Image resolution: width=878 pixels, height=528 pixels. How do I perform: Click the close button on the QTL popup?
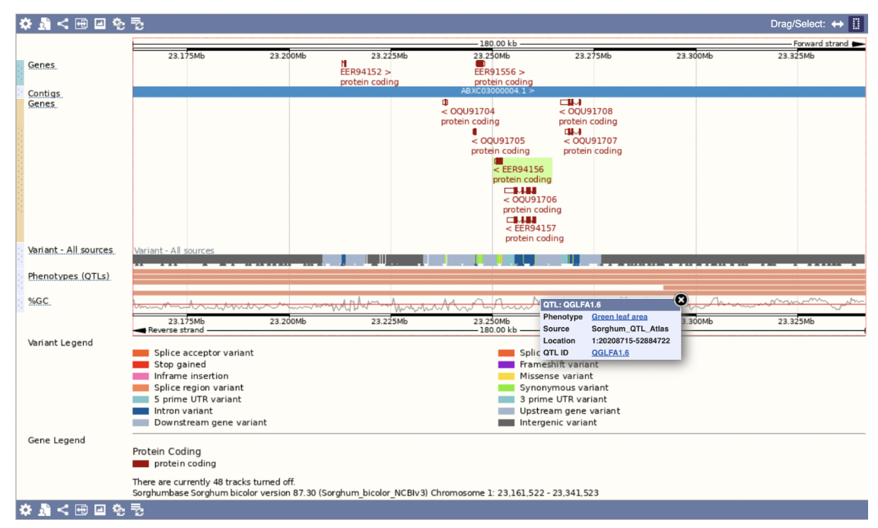point(681,300)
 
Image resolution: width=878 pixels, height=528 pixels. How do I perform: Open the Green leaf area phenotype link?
point(619,316)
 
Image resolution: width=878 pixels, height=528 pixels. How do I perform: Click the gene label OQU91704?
point(471,111)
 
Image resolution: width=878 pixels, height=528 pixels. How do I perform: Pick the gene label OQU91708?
point(589,111)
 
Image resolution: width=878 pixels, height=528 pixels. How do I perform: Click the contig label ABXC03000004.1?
point(498,91)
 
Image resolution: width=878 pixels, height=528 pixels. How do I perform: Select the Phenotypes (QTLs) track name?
point(68,275)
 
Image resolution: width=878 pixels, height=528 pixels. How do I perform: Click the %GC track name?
point(39,301)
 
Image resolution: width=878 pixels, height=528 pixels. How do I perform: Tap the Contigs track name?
point(44,94)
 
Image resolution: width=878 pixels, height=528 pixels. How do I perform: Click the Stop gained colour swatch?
point(141,364)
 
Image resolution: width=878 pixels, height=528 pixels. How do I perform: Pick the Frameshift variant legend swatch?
point(507,364)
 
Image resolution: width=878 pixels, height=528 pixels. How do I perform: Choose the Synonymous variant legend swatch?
point(507,387)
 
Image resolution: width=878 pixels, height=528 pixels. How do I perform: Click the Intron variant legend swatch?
point(141,411)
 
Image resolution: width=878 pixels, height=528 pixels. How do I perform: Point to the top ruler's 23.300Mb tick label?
point(695,56)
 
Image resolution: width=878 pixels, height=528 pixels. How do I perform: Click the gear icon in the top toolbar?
point(26,24)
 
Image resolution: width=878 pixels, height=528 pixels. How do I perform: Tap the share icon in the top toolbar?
point(62,24)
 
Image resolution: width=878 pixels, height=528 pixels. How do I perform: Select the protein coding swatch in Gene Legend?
point(141,463)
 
